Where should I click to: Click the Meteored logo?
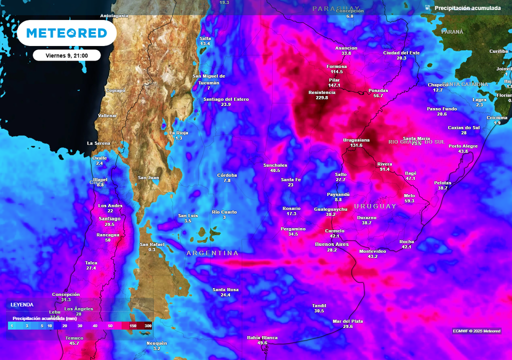pyautogui.click(x=66, y=33)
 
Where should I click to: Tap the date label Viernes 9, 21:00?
pyautogui.click(x=67, y=55)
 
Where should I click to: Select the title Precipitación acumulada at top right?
pyautogui.click(x=467, y=8)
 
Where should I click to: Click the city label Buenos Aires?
pyautogui.click(x=331, y=244)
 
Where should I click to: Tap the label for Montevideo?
pyautogui.click(x=372, y=251)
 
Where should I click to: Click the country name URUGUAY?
pyautogui.click(x=375, y=206)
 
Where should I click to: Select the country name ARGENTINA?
pyautogui.click(x=212, y=253)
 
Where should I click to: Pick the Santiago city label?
pyautogui.click(x=109, y=218)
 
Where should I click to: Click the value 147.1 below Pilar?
pyautogui.click(x=334, y=85)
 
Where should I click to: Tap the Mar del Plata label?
pyautogui.click(x=348, y=321)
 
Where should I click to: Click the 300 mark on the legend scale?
pyautogui.click(x=148, y=326)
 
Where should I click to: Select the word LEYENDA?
pyautogui.click(x=22, y=304)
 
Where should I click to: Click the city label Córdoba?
pyautogui.click(x=227, y=175)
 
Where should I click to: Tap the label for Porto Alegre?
pyautogui.click(x=463, y=146)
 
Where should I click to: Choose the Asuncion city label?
pyautogui.click(x=346, y=48)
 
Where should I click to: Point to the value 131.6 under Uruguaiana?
pyautogui.click(x=356, y=145)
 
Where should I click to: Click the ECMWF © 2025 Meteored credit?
pyautogui.click(x=476, y=331)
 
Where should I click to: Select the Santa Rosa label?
pyautogui.click(x=225, y=289)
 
